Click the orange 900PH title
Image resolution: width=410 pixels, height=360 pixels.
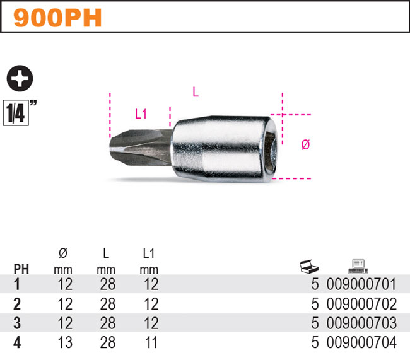tap(57, 18)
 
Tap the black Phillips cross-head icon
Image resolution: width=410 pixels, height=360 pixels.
tap(20, 78)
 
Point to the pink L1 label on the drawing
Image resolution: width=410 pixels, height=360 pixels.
tap(141, 114)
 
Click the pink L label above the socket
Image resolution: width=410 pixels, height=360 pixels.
tap(196, 92)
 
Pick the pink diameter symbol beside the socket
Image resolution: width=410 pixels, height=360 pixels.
tap(305, 144)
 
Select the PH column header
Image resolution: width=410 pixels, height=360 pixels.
tap(21, 269)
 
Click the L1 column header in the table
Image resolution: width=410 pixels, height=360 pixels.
tap(149, 253)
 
